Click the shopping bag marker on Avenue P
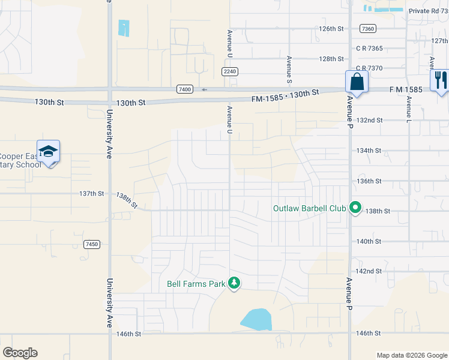pyautogui.click(x=357, y=82)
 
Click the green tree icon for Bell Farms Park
pyautogui.click(x=234, y=283)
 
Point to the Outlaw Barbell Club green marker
pyautogui.click(x=355, y=208)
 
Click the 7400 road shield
pyautogui.click(x=185, y=89)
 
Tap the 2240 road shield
pyautogui.click(x=230, y=71)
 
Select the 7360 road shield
pyautogui.click(x=369, y=29)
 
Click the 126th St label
pyautogui.click(x=331, y=28)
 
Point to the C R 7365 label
pyautogui.click(x=369, y=48)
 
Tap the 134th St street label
pyautogui.click(x=369, y=151)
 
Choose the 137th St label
pyautogui.click(x=92, y=194)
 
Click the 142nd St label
pyautogui.click(x=369, y=271)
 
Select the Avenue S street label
pyautogui.click(x=289, y=69)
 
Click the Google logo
pyautogui.click(x=20, y=353)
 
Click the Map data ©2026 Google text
pyautogui.click(x=411, y=355)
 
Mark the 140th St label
pyautogui.click(x=369, y=241)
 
